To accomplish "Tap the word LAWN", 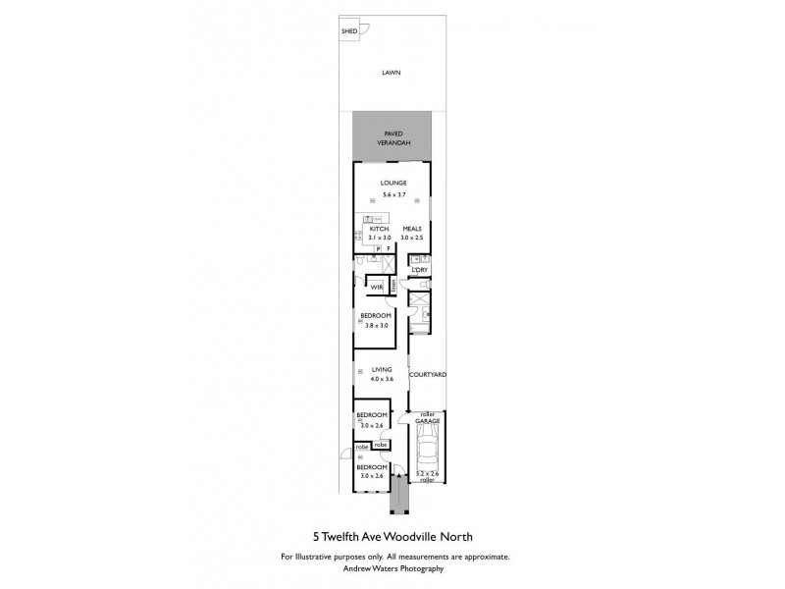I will (392, 73).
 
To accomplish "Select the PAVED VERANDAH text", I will (392, 137).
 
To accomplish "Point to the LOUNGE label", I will (392, 184).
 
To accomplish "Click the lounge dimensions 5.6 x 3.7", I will (392, 195).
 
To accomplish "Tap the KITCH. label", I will (380, 229).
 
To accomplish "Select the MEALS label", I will (411, 229).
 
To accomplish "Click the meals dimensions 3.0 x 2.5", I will (411, 238).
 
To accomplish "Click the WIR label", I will (376, 286).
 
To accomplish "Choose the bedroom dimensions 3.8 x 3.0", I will (375, 325).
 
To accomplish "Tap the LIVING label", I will (375, 370).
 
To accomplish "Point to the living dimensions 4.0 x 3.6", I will (375, 379).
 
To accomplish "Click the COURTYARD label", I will (428, 374).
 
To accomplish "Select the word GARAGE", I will (427, 420).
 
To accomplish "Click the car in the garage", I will (427, 452).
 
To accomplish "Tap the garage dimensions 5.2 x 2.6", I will (427, 474).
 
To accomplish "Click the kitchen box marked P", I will (377, 248).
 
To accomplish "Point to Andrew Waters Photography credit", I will (392, 568).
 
